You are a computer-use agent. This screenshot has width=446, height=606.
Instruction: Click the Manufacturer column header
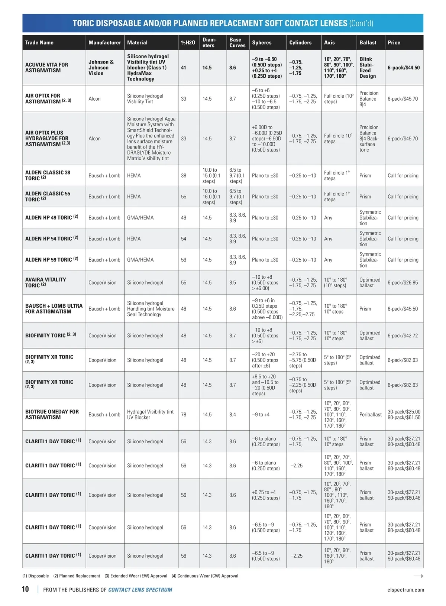click(x=104, y=43)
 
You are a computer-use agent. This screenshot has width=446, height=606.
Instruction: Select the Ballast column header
click(x=368, y=43)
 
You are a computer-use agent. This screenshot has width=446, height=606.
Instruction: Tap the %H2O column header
click(x=188, y=43)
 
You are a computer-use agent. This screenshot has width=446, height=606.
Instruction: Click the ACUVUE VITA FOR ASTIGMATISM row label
click(x=47, y=67)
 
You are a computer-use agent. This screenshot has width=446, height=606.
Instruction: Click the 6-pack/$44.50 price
click(x=404, y=68)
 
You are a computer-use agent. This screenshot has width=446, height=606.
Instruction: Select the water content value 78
click(x=184, y=415)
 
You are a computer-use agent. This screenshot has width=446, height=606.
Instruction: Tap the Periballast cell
click(x=370, y=415)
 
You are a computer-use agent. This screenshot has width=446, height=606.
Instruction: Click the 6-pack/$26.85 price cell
click(x=403, y=283)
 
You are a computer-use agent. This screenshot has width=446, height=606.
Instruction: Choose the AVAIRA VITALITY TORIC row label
click(x=45, y=282)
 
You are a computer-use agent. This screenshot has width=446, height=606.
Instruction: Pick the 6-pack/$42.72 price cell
click(x=403, y=336)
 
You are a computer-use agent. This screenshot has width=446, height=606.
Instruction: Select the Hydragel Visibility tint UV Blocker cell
click(x=150, y=415)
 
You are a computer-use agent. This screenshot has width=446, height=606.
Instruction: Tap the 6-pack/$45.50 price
click(x=403, y=309)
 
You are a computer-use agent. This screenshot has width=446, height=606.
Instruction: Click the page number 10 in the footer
click(x=25, y=589)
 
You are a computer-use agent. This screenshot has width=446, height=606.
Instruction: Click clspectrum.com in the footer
click(x=405, y=590)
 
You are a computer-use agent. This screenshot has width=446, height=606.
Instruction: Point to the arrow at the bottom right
click(x=418, y=576)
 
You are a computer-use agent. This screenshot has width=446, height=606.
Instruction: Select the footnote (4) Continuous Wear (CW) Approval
click(x=205, y=576)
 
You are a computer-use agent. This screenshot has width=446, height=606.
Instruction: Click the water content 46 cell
click(x=184, y=309)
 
